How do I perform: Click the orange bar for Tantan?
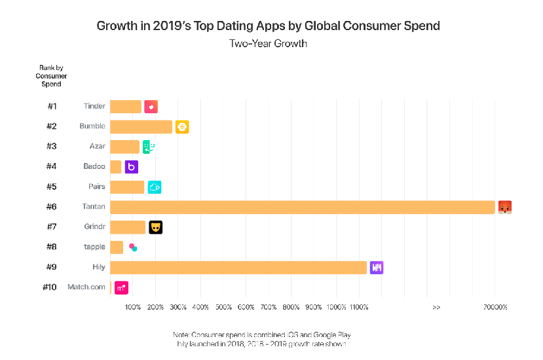tap(302, 207)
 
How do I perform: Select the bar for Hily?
tap(238, 267)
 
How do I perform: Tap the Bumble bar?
tap(141, 127)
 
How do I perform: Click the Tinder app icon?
tap(151, 107)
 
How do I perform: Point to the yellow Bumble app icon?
tap(182, 127)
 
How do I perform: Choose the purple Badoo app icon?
tap(131, 167)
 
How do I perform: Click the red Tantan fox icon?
tap(504, 207)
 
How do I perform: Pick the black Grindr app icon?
tap(155, 227)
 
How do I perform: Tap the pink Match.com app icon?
tap(121, 287)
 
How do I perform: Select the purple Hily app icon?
tap(377, 267)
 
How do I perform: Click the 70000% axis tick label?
tap(496, 307)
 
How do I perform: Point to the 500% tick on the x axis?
tap(223, 307)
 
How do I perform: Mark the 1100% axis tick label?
tap(360, 307)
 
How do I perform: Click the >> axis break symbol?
tap(436, 307)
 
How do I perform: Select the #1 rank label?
tap(52, 107)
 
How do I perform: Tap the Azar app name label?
tap(97, 147)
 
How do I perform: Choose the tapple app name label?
tap(94, 247)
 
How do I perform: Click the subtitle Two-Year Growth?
tap(268, 44)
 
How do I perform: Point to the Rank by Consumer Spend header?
tap(51, 76)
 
